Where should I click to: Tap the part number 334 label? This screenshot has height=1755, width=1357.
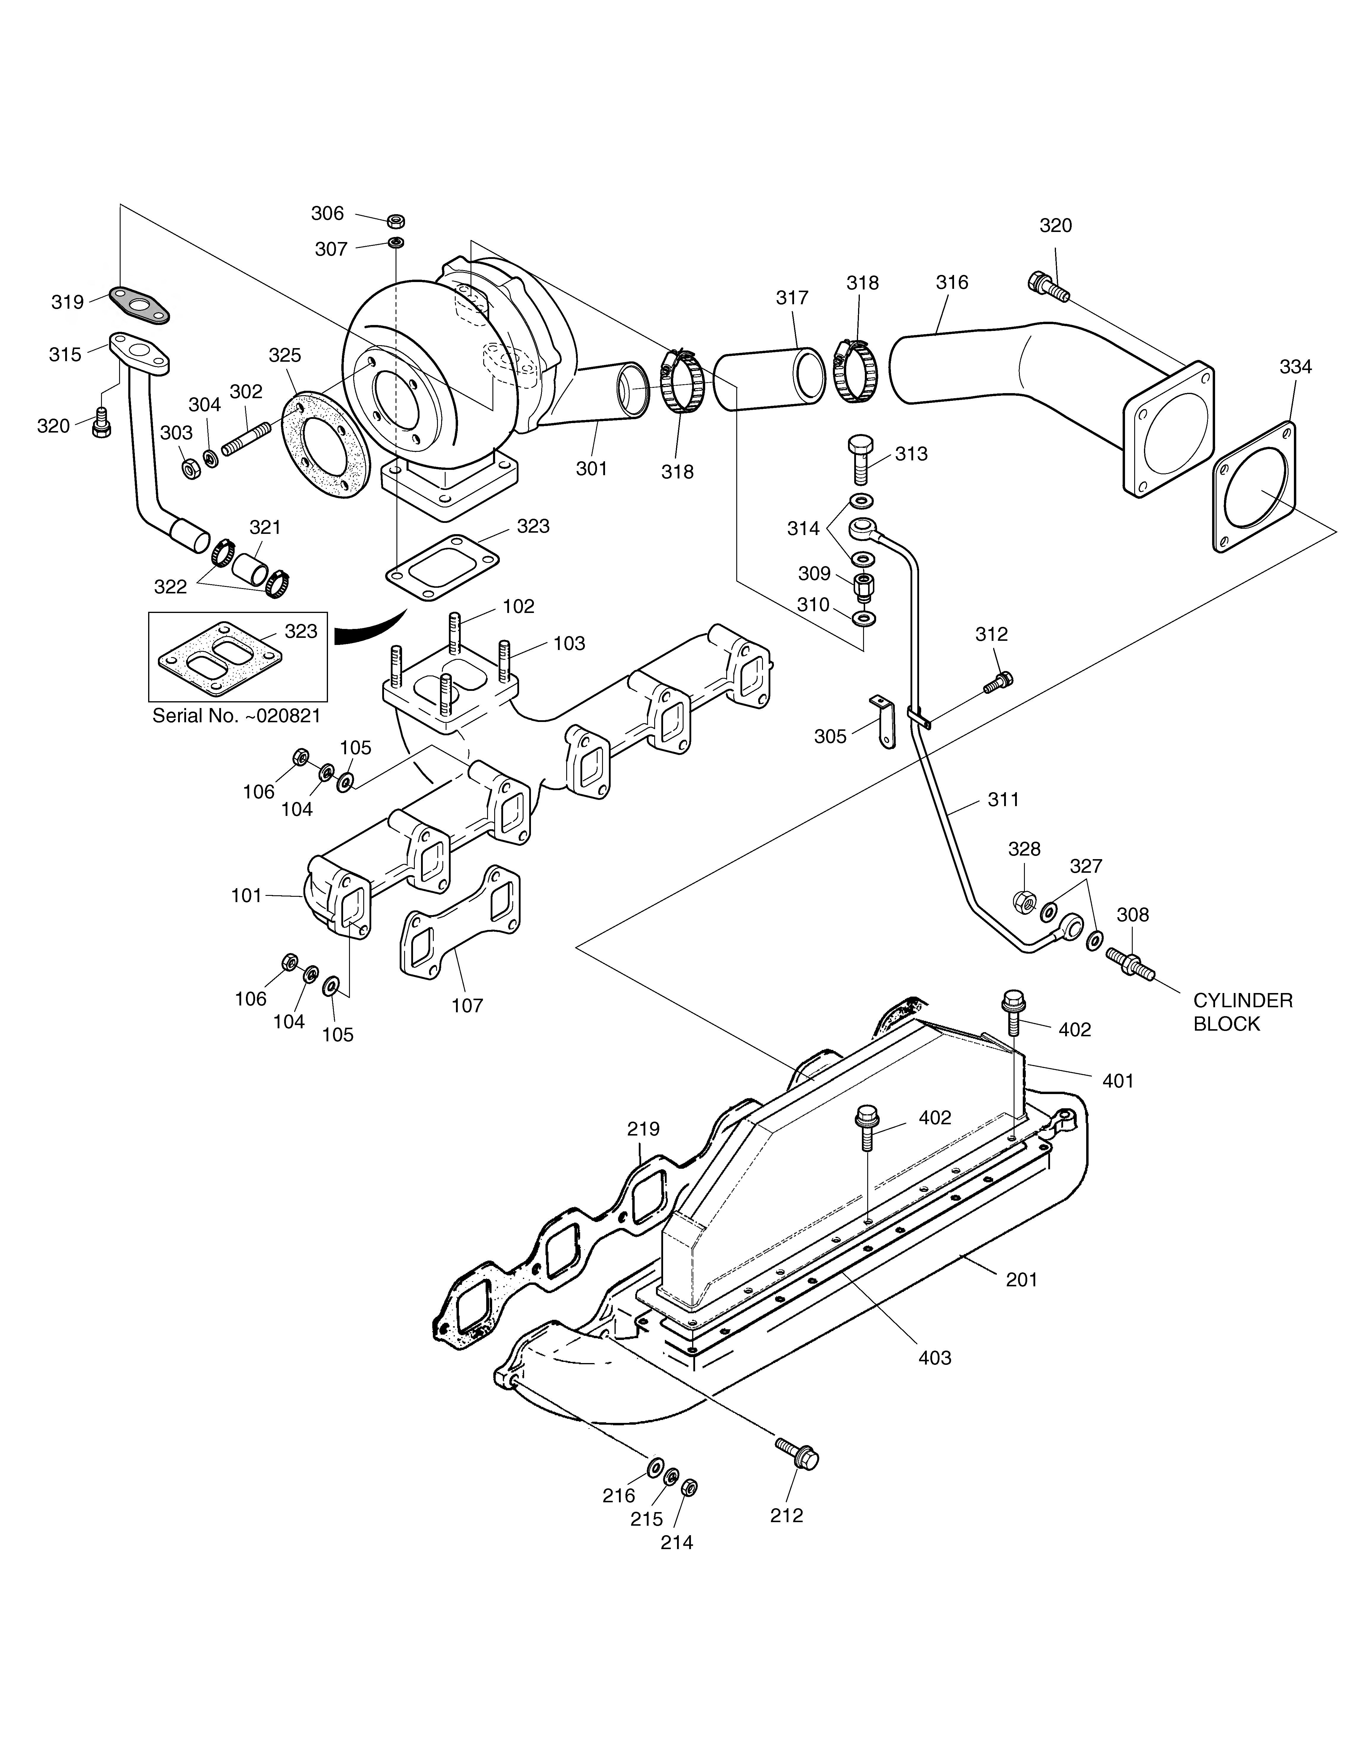[x=1295, y=366]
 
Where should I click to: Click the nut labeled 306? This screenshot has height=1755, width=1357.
[x=395, y=221]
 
